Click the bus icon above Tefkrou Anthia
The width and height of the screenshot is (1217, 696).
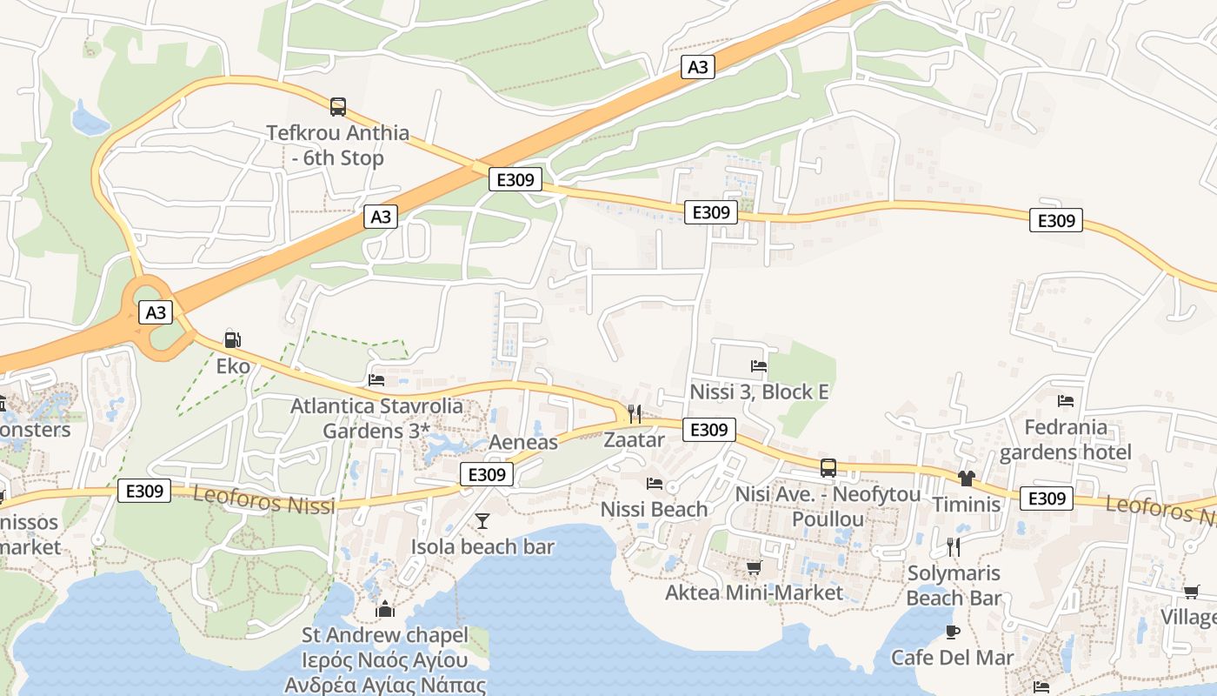point(338,107)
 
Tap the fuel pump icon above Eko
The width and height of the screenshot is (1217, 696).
point(232,340)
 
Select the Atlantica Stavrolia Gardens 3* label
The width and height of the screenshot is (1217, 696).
point(376,418)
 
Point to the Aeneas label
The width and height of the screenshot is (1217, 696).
point(522,442)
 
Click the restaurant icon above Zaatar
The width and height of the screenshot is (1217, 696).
point(635,413)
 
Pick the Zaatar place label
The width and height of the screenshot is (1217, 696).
point(634,439)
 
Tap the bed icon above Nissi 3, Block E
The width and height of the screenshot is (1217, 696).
point(759,366)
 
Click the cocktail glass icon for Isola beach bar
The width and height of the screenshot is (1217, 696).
point(482,520)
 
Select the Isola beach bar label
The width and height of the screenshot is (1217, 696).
point(482,546)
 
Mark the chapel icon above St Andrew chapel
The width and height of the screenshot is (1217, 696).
point(385,609)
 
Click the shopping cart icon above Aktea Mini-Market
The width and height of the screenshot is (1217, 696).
point(754,567)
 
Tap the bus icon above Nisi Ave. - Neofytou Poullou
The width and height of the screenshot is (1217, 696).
point(828,468)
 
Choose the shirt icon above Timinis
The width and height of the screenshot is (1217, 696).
point(966,478)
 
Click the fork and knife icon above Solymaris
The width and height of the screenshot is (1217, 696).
point(954,546)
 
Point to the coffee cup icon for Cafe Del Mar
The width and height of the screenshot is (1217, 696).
point(953,632)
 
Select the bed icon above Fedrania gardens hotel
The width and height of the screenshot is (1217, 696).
point(1066,401)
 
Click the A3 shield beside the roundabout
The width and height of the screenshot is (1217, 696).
point(156,312)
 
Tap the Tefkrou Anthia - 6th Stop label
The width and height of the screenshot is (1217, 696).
point(337,145)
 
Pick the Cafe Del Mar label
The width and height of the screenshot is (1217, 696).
point(952,657)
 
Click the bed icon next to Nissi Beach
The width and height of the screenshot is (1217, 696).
point(655,484)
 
